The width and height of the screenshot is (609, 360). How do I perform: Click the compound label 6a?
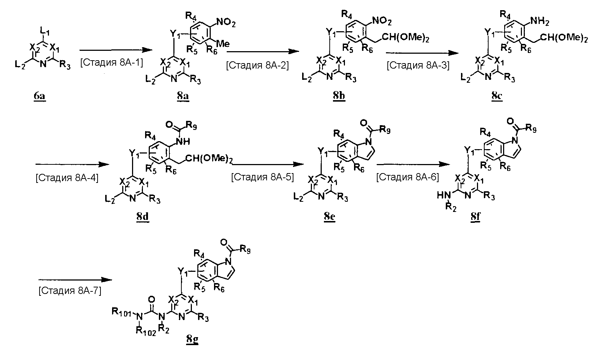(x=40, y=97)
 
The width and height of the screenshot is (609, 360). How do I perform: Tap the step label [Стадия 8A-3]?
(x=418, y=65)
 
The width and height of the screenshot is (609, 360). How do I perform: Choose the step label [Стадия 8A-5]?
(x=262, y=177)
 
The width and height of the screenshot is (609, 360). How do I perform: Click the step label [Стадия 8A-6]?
(x=407, y=177)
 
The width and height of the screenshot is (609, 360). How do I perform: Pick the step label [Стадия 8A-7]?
(x=70, y=291)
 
